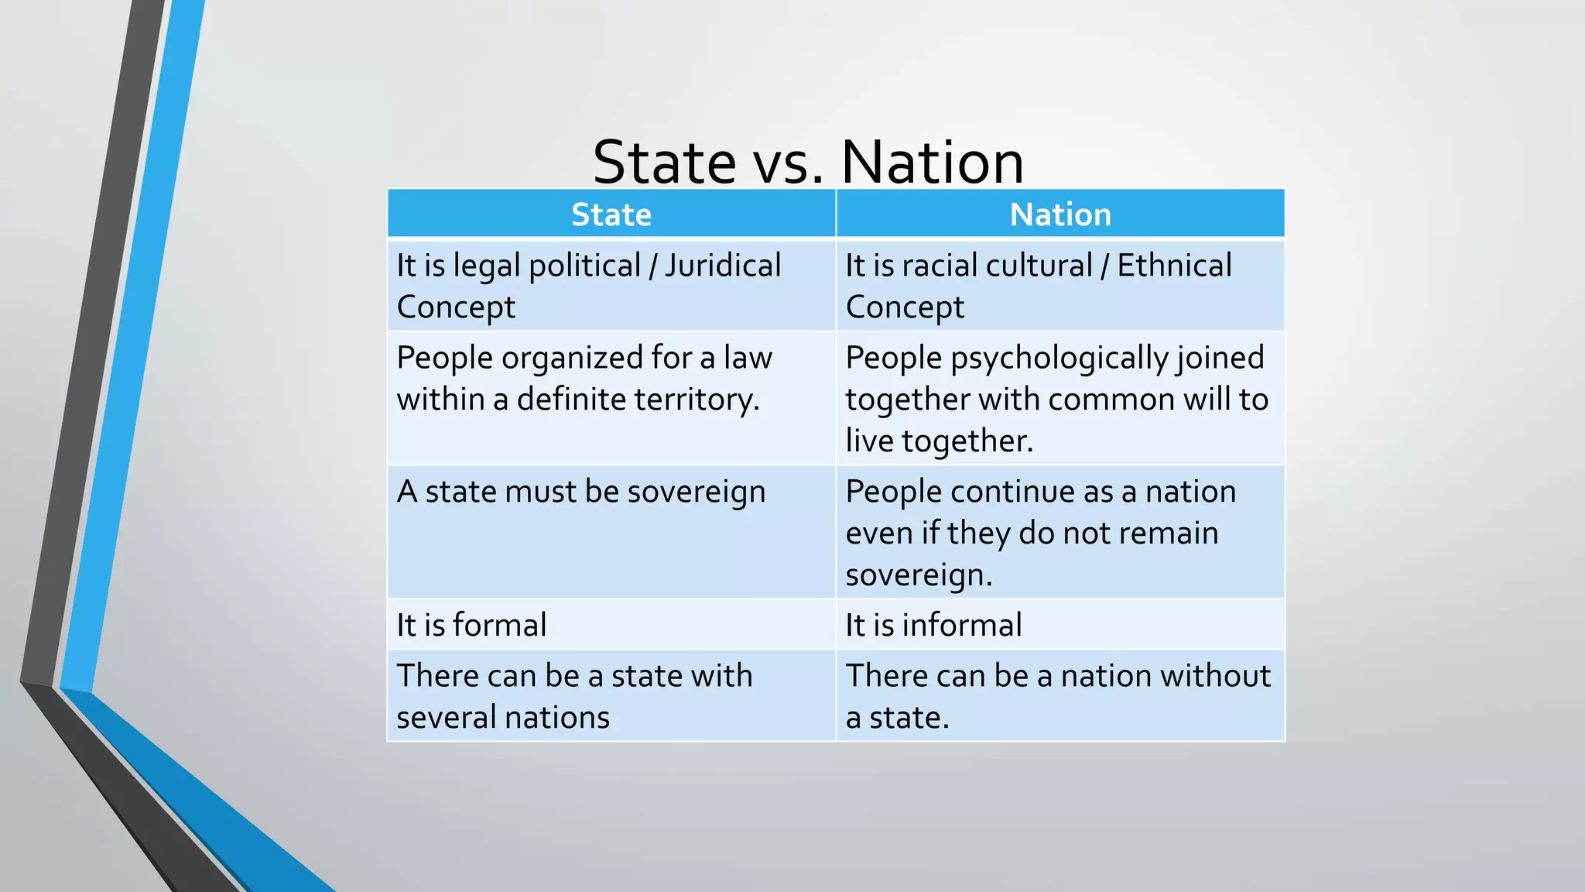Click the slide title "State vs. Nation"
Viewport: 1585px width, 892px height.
tap(808, 162)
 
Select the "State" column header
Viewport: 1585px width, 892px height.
tap(611, 214)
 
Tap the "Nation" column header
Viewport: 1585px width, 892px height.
tap(1060, 214)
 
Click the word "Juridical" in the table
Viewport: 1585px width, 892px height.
tap(723, 266)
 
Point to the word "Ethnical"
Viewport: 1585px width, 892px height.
tap(1174, 266)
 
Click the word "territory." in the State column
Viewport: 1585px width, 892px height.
tap(697, 400)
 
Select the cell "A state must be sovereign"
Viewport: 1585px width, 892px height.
tap(581, 492)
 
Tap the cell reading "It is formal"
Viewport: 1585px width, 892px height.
tap(471, 625)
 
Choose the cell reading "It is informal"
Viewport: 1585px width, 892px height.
tap(933, 625)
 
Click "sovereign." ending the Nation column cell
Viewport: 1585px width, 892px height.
tap(919, 575)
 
